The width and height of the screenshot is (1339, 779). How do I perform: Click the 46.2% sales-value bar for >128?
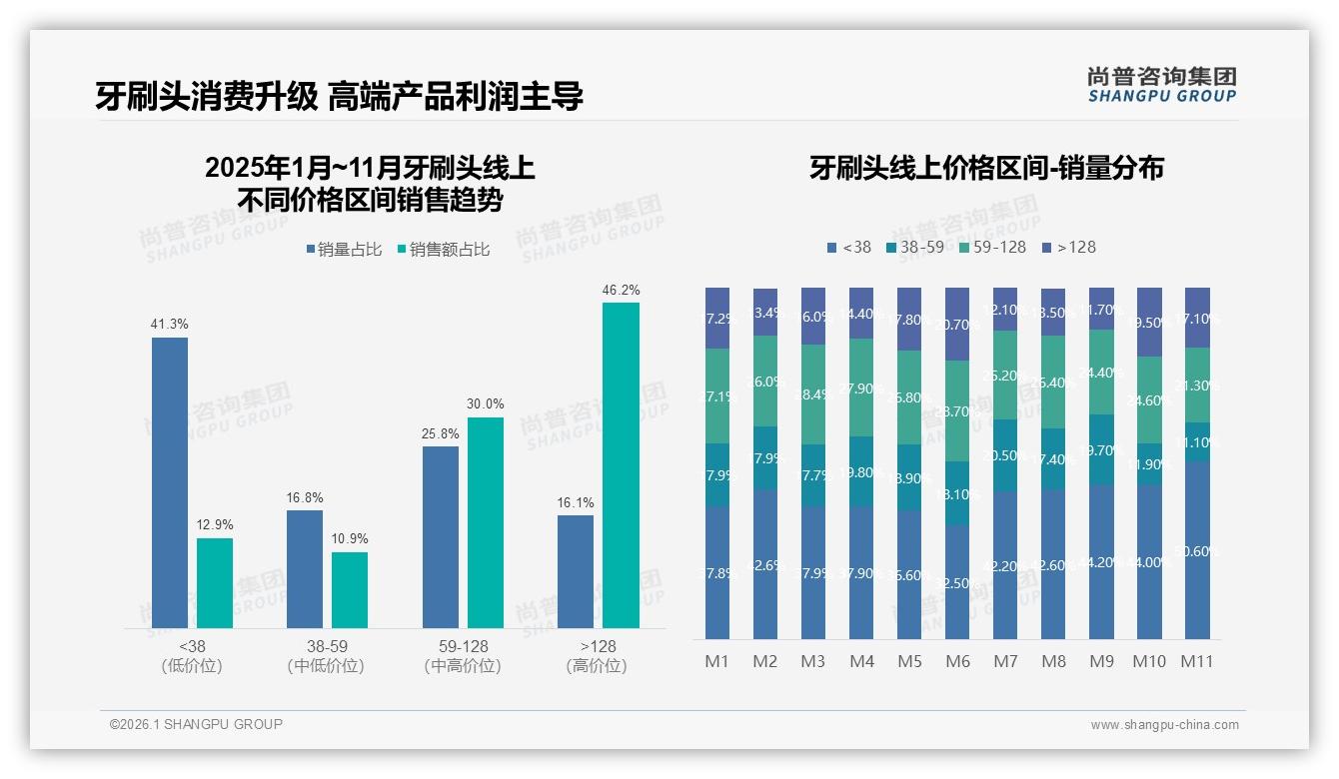[x=621, y=465]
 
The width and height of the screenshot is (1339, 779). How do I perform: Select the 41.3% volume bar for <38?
[x=170, y=482]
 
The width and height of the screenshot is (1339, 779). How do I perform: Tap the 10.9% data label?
[x=350, y=539]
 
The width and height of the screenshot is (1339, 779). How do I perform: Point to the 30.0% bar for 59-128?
[x=486, y=522]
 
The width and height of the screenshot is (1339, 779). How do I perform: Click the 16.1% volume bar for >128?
[x=576, y=571]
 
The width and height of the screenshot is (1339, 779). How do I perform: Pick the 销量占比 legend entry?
[x=343, y=250]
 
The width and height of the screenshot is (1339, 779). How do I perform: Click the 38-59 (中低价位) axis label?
[x=325, y=656]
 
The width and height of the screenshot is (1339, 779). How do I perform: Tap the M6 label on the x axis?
[x=956, y=661]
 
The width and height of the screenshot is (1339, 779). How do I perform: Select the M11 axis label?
[x=1196, y=661]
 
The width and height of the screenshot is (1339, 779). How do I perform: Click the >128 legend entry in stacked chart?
[x=1069, y=247]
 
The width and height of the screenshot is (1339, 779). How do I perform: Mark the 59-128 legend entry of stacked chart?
[x=992, y=247]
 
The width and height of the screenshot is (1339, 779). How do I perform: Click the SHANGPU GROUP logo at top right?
[x=1162, y=84]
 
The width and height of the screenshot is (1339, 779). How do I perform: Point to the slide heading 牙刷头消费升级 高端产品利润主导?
[x=340, y=96]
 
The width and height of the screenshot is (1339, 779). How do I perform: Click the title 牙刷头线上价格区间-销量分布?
[x=986, y=168]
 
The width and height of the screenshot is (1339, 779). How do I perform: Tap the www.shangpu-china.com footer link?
[x=1164, y=725]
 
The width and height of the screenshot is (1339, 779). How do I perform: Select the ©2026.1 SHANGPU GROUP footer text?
[x=196, y=724]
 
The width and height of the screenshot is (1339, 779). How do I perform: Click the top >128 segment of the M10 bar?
[x=1149, y=322]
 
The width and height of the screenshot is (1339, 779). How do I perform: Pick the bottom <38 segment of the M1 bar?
[x=717, y=572]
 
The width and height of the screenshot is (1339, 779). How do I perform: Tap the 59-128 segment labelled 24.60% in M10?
[x=1149, y=399]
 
